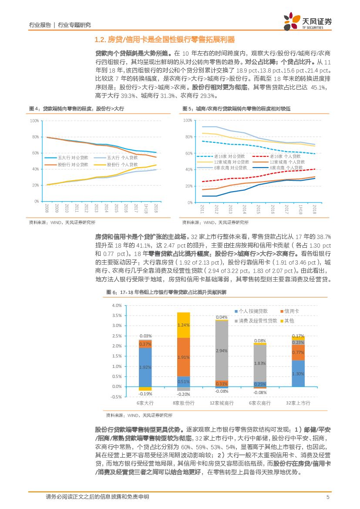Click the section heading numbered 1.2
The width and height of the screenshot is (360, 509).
click(165, 40)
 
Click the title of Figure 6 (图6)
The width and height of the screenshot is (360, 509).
click(166, 292)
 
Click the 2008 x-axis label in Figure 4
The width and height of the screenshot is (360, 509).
click(47, 208)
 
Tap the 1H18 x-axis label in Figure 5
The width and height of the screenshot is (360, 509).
click(299, 209)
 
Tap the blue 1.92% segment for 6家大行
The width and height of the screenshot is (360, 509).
click(145, 367)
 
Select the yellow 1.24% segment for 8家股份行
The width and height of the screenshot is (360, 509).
click(183, 325)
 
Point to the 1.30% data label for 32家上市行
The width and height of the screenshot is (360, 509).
click(298, 374)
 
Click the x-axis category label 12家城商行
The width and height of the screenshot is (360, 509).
click(222, 403)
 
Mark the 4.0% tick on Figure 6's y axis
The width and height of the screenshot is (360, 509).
click(117, 305)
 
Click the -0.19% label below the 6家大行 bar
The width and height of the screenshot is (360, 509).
click(145, 394)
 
